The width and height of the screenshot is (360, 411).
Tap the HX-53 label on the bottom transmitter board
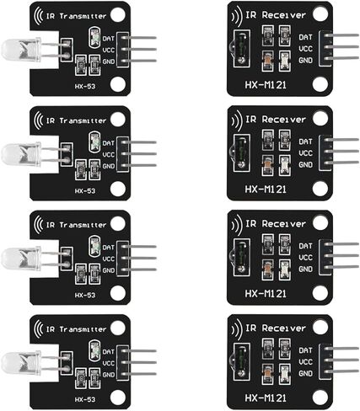[x=85, y=399]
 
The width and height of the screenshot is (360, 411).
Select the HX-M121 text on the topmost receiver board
[x=266, y=85]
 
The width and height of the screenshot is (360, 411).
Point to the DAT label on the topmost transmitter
[x=109, y=39]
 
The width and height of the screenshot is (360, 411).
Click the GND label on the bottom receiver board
[x=305, y=373]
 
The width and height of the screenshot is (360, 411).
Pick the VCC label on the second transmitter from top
[x=109, y=154]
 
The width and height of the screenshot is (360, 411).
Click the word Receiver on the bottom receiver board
[x=283, y=328]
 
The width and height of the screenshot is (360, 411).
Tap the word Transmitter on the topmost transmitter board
[x=83, y=16]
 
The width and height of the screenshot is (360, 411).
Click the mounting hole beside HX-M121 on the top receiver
[x=320, y=83]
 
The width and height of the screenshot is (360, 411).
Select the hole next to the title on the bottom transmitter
[x=118, y=328]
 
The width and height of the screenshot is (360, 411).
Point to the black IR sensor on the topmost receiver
[x=241, y=48]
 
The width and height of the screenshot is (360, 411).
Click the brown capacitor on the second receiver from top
[x=267, y=165]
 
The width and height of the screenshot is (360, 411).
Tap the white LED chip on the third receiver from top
[x=284, y=270]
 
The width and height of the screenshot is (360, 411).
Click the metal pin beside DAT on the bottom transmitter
[x=138, y=351]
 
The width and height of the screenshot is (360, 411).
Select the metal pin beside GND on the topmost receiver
[x=341, y=58]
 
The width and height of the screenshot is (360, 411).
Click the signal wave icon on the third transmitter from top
[x=38, y=225]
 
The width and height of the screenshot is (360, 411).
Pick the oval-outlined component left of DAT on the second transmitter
[x=94, y=140]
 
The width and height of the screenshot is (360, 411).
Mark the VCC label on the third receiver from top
[x=305, y=258]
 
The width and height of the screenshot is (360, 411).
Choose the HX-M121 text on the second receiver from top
[x=266, y=189]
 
